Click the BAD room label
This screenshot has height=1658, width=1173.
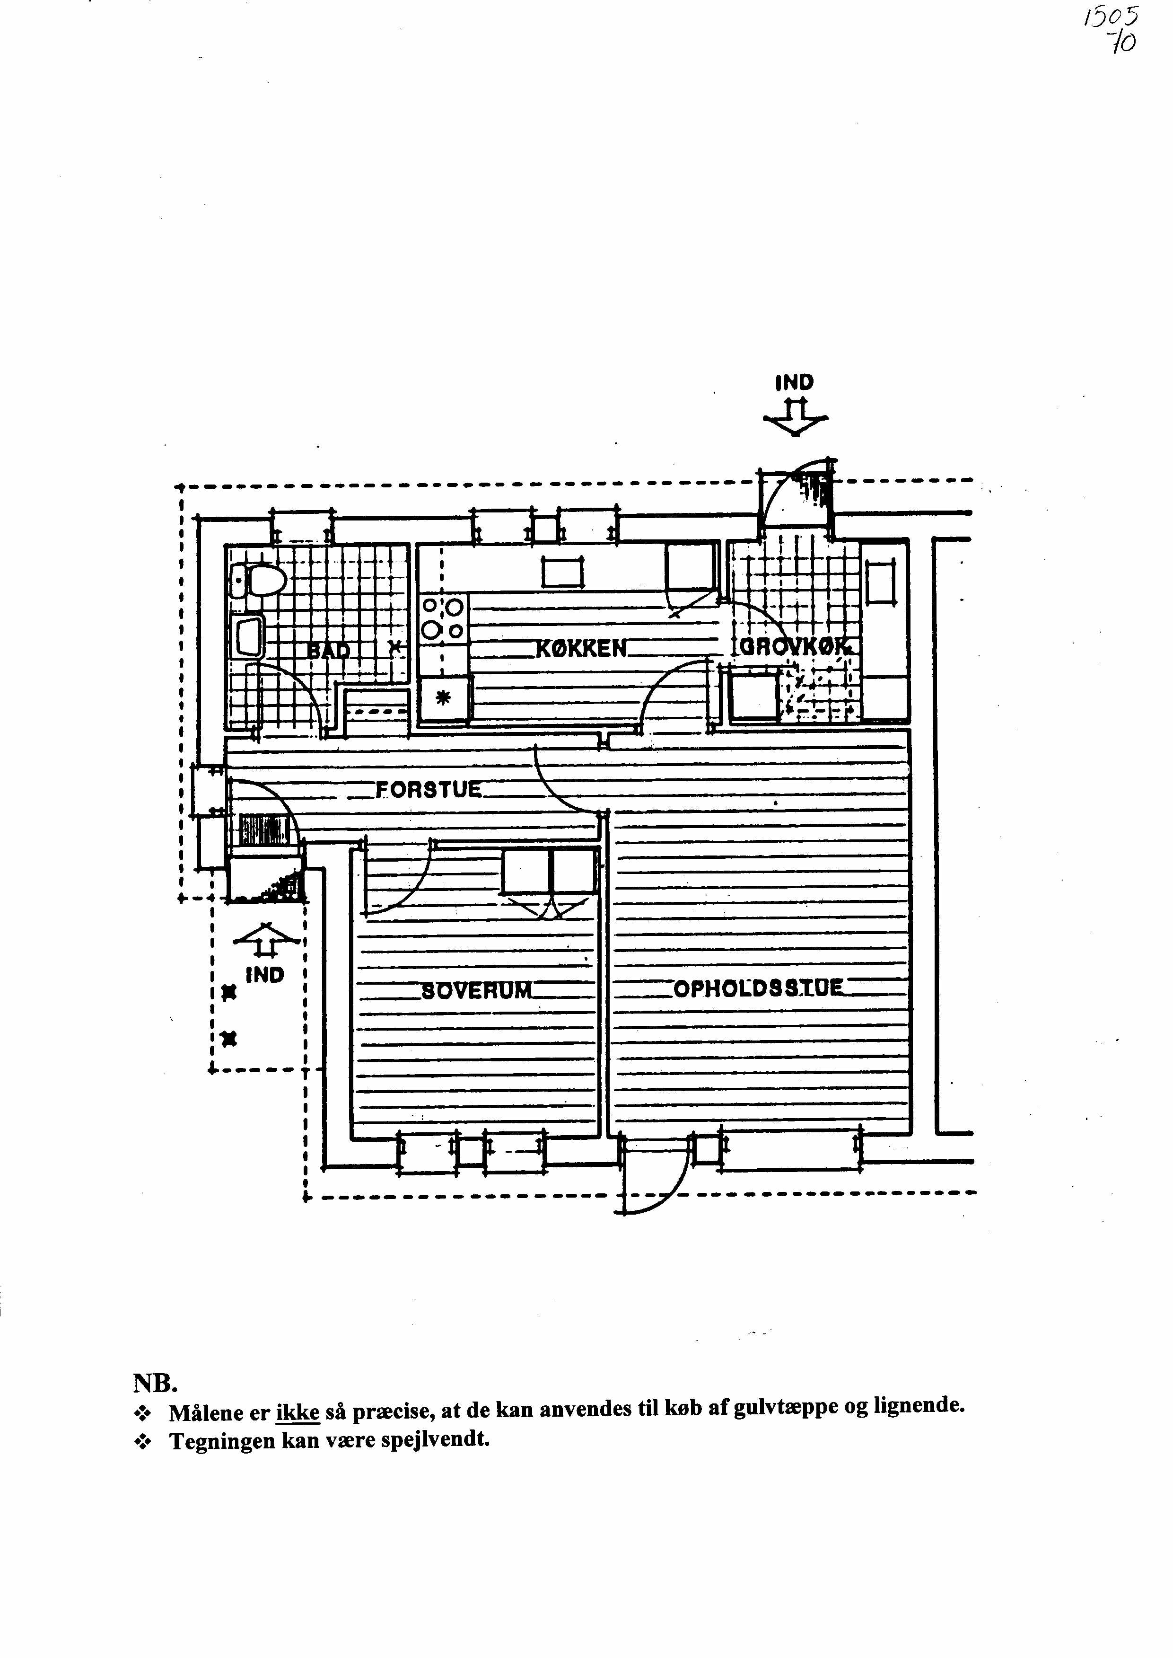click(x=329, y=650)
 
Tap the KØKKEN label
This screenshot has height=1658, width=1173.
click(x=581, y=648)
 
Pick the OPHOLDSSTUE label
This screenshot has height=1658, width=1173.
click(x=758, y=988)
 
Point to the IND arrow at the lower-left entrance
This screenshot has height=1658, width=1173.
click(x=266, y=941)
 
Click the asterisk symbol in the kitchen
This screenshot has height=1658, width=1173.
click(x=443, y=698)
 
